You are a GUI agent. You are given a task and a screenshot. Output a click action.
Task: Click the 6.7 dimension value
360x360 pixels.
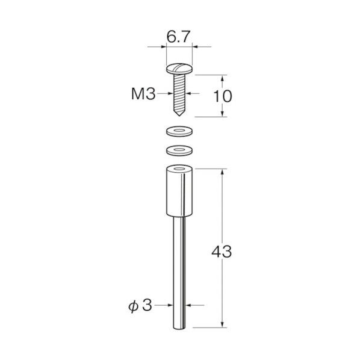pyautogui.click(x=179, y=37)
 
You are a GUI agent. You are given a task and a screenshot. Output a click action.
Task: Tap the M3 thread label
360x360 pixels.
pyautogui.click(x=143, y=94)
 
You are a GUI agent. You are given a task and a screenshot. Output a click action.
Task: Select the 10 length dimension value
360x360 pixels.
pyautogui.click(x=223, y=96)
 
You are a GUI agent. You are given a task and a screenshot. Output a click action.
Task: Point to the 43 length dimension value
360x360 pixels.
pyautogui.click(x=222, y=252)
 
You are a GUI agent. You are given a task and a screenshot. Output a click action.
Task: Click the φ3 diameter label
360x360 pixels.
pyautogui.click(x=140, y=306)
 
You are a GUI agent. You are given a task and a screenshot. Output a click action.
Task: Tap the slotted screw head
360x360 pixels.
pyautogui.click(x=179, y=69)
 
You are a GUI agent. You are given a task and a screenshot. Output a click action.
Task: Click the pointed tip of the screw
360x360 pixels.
pyautogui.click(x=179, y=116)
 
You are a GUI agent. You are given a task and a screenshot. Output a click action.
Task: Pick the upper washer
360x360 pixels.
pyautogui.click(x=179, y=131)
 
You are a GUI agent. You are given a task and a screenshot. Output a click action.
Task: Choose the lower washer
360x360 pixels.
pyautogui.click(x=179, y=151)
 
